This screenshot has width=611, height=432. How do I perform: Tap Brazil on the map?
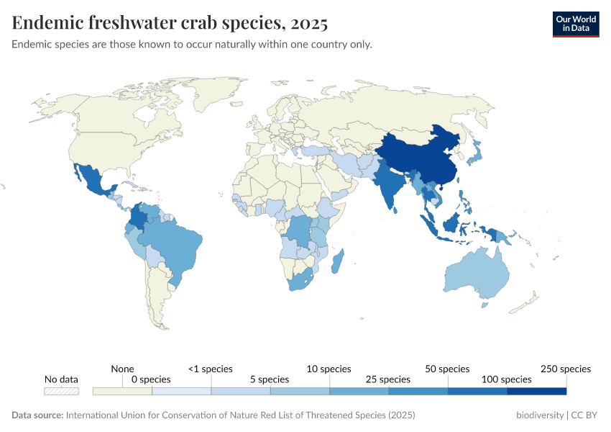click(x=176, y=245)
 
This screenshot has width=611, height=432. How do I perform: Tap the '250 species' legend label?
click(x=565, y=369)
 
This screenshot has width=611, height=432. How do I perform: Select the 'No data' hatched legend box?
click(x=61, y=391)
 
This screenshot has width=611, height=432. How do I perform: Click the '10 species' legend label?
click(x=329, y=369)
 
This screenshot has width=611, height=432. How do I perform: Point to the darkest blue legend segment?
click(x=536, y=391)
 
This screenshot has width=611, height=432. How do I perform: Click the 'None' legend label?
click(x=123, y=369)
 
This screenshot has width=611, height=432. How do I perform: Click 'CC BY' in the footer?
click(x=586, y=415)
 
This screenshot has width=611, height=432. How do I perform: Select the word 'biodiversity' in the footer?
click(x=540, y=415)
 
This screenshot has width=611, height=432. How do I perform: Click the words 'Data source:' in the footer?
click(x=37, y=415)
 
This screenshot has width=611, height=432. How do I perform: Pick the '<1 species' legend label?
click(x=211, y=369)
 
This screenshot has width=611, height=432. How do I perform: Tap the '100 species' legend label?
click(x=506, y=379)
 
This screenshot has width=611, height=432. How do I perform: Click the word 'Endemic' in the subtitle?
click(x=32, y=45)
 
